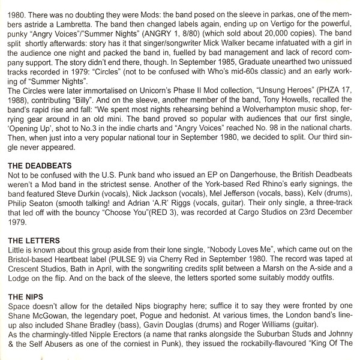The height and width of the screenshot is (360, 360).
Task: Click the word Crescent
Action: point(26,270)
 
